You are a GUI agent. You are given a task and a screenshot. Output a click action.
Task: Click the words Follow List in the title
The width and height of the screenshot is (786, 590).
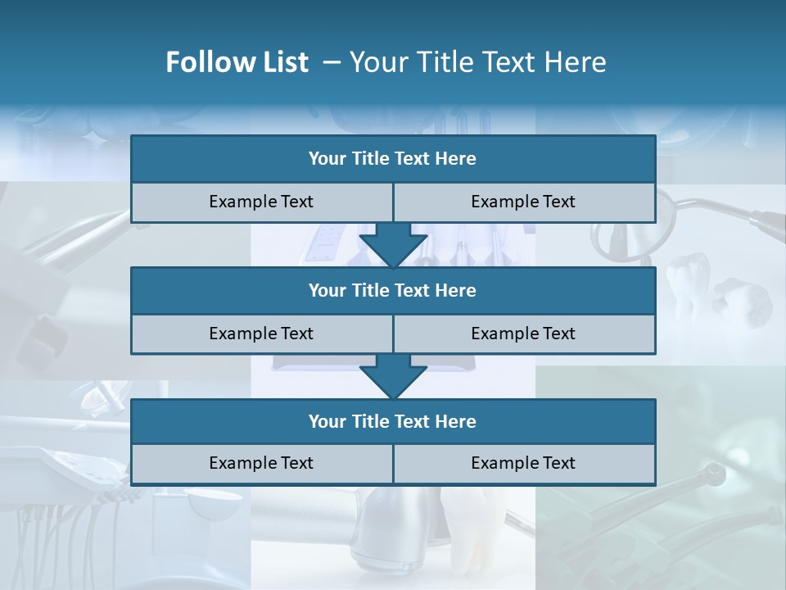[x=237, y=62]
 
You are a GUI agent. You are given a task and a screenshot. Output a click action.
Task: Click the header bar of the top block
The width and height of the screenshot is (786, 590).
[x=393, y=159]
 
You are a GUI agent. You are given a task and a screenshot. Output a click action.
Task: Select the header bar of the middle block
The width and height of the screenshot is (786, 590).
[x=393, y=290]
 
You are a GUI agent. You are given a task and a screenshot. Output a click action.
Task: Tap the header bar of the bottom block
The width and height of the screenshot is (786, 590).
[x=393, y=421]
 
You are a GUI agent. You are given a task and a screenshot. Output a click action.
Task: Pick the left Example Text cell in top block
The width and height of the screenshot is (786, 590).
[x=261, y=202]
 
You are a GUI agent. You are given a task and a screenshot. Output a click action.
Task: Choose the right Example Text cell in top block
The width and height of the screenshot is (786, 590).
[x=523, y=202]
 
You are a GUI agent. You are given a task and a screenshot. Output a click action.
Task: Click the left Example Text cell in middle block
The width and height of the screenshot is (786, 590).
[x=261, y=334]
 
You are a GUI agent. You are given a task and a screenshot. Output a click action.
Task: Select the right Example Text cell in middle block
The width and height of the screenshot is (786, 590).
[x=523, y=334]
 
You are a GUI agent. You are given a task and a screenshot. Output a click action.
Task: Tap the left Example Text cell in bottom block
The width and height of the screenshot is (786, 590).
[x=261, y=463]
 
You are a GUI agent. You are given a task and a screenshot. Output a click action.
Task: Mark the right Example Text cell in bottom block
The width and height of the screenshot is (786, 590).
[x=523, y=463]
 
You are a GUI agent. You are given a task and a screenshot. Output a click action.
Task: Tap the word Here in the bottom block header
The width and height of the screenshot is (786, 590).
[x=456, y=421]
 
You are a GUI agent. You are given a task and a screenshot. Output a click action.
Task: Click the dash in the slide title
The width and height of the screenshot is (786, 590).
[x=332, y=62]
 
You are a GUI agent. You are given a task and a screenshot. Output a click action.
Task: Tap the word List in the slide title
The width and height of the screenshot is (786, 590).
[x=284, y=62]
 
